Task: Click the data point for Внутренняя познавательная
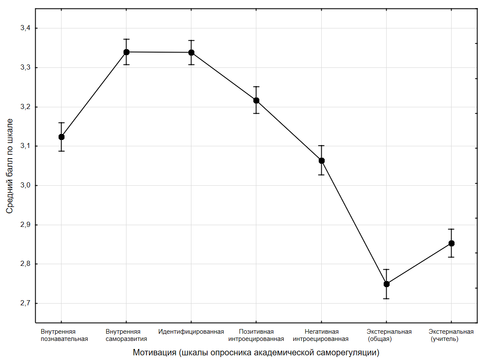coord(62,137)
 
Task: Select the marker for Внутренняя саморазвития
coord(126,52)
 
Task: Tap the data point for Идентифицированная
coord(191,53)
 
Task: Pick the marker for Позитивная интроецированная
coord(256,100)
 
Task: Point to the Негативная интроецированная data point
coord(322,161)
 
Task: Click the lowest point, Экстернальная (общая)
coord(387,284)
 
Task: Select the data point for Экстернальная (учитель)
coord(452,243)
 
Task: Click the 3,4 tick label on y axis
coord(26,28)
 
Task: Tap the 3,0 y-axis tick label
coord(26,186)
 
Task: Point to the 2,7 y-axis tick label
coord(26,304)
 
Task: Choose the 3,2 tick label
coord(26,107)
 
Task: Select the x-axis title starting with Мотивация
coord(256,352)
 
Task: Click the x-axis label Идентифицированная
coord(191,332)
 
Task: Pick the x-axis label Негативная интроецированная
coord(321,335)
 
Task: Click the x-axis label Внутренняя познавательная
coord(64,335)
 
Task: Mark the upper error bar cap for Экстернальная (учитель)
coord(452,229)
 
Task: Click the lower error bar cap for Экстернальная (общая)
coord(387,299)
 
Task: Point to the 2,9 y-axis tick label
coord(26,225)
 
